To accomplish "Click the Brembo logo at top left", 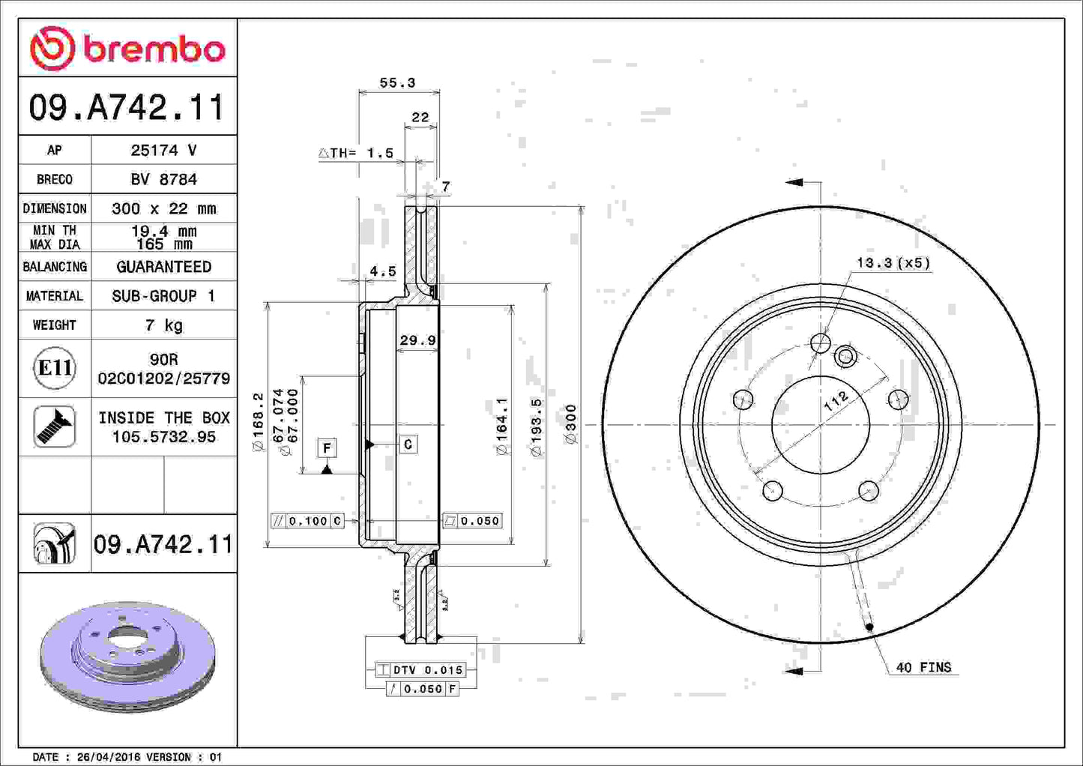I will coord(127,49).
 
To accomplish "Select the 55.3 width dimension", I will coord(396,83).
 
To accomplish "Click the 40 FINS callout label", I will coord(923,667).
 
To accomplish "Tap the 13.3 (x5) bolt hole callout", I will coord(893,263).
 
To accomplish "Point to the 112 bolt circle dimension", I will coord(836,400).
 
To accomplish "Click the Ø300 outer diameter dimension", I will coord(571,424).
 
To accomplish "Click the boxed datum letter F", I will coord(327,448).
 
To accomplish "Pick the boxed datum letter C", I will coord(408,444).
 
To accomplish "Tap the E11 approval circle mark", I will coord(55,368).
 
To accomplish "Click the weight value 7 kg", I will coord(163,325).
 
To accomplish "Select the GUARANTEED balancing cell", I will coord(163,267).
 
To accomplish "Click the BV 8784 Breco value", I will coord(163,179).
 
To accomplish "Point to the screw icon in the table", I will coord(55,426).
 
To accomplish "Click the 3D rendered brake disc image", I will coord(127,657).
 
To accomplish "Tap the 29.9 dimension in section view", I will coord(417,340).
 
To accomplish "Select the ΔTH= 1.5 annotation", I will coord(357,153).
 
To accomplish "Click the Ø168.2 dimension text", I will coord(258,422).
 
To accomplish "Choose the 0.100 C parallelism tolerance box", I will coord(307,521).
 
